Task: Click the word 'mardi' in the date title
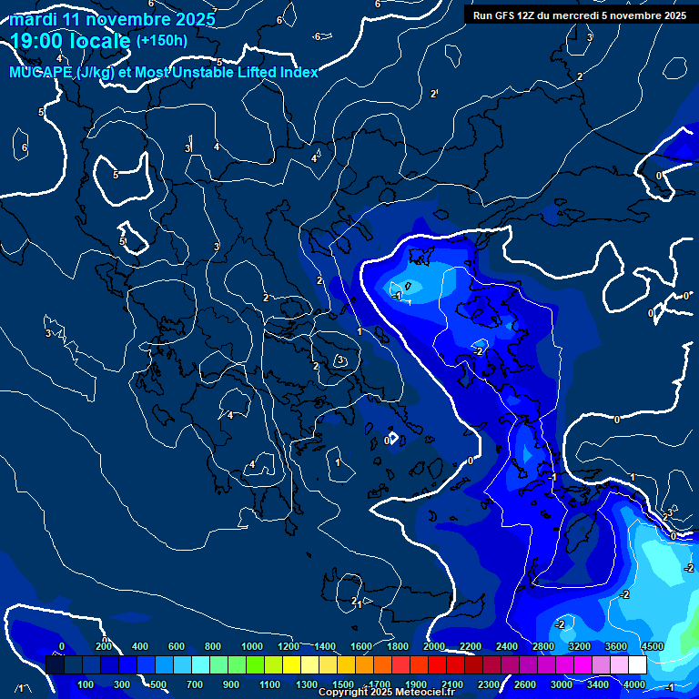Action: click(x=34, y=19)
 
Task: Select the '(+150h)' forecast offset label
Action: click(x=161, y=40)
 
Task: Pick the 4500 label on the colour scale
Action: click(x=652, y=646)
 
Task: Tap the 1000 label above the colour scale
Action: click(x=252, y=646)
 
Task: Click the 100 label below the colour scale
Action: click(x=86, y=684)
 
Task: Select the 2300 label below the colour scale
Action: click(x=489, y=684)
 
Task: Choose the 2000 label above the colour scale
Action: click(x=434, y=646)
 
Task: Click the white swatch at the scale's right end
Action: click(x=637, y=665)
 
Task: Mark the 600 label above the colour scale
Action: click(x=177, y=646)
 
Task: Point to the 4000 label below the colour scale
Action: click(x=634, y=684)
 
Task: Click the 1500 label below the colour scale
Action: click(x=343, y=684)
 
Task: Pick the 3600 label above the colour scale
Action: click(x=616, y=646)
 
